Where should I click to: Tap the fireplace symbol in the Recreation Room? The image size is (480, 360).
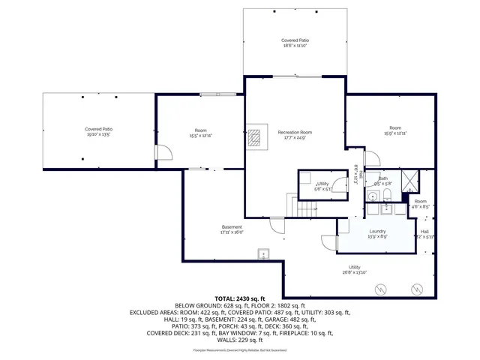(x=255, y=136)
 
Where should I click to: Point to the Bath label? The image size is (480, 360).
(x=382, y=178)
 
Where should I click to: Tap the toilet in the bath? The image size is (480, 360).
(x=385, y=196)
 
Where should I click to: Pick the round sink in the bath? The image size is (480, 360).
(x=371, y=196)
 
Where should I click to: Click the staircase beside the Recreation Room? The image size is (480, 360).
(x=304, y=206)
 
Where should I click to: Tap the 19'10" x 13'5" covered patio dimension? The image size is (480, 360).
(x=98, y=134)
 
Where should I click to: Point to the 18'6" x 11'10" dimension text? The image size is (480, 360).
(x=295, y=46)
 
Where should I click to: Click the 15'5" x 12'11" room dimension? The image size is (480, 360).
(x=200, y=136)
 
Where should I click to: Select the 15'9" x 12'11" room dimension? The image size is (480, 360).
(x=395, y=133)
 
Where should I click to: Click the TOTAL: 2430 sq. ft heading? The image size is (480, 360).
(x=239, y=298)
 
